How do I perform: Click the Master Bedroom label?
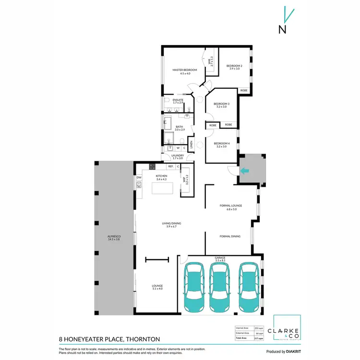tap(185, 70)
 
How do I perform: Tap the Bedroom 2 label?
tap(234, 66)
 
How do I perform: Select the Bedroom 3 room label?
tap(221, 104)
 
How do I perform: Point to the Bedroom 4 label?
tap(221, 144)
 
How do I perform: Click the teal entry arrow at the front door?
tap(245, 170)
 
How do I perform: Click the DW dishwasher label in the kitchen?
tap(139, 178)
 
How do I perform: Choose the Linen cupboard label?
tap(191, 144)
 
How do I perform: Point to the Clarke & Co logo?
tap(287, 331)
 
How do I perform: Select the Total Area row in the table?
tap(250, 339)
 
